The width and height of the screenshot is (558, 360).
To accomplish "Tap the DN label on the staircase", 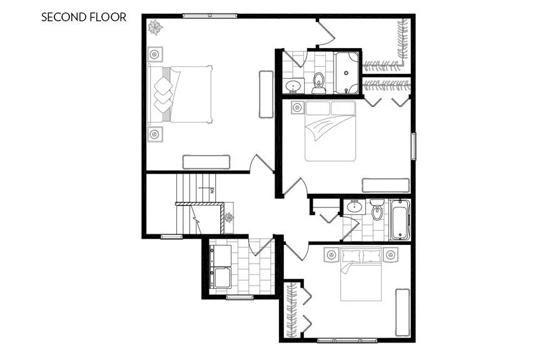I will (x=213, y=190).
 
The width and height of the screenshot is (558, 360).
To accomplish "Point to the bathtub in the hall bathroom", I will (x=398, y=220).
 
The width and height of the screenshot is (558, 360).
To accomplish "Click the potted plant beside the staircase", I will (x=229, y=217).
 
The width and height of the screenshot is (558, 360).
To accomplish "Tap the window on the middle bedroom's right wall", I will (x=412, y=147).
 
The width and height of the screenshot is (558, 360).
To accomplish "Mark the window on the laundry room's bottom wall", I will (x=240, y=297).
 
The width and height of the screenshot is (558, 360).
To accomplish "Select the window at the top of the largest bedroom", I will (x=210, y=16).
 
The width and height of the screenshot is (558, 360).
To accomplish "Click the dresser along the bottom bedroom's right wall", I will (x=402, y=312).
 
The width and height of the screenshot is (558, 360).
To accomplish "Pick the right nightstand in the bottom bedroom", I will (x=392, y=254).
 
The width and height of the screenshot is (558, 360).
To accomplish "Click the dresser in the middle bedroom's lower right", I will (x=387, y=186).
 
